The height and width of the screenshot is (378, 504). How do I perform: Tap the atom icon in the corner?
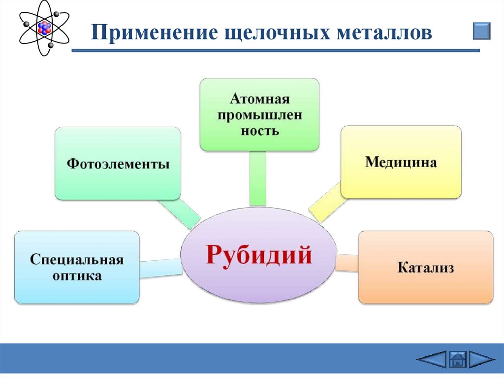[x=44, y=28]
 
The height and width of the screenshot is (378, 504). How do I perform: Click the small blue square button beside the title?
[x=481, y=31]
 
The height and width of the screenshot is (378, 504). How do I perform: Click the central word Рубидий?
[x=259, y=255]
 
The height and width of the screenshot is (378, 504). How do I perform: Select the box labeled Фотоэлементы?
[x=118, y=163]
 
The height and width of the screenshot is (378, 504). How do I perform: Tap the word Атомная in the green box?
[x=259, y=99]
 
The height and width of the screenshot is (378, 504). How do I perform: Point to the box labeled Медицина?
[x=401, y=162]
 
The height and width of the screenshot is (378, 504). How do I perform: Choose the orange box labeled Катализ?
[x=425, y=268]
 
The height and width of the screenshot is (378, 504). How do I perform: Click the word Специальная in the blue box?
[x=76, y=259]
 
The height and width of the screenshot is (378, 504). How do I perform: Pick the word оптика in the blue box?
[x=76, y=275]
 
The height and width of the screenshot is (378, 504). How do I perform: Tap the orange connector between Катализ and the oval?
[x=347, y=263]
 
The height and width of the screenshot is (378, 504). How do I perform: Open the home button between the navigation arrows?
[x=458, y=359]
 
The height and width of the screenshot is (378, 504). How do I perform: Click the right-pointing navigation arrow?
[x=481, y=359]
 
